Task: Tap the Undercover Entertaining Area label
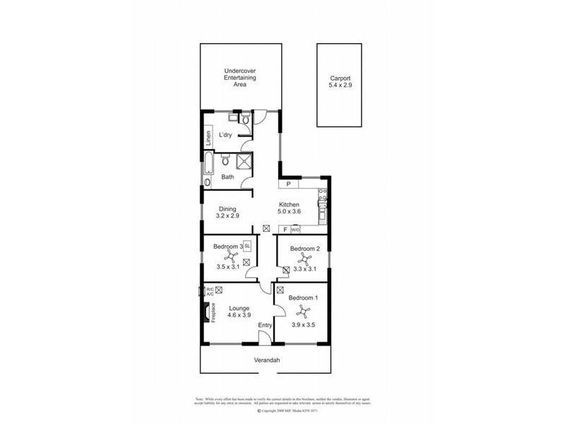(x=240, y=77)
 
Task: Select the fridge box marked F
(x=285, y=229)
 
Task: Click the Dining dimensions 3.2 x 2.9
(x=227, y=216)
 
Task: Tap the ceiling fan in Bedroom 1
(x=302, y=311)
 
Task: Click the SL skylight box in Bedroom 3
(x=247, y=245)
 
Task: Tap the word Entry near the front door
(x=265, y=325)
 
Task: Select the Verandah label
(x=267, y=360)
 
